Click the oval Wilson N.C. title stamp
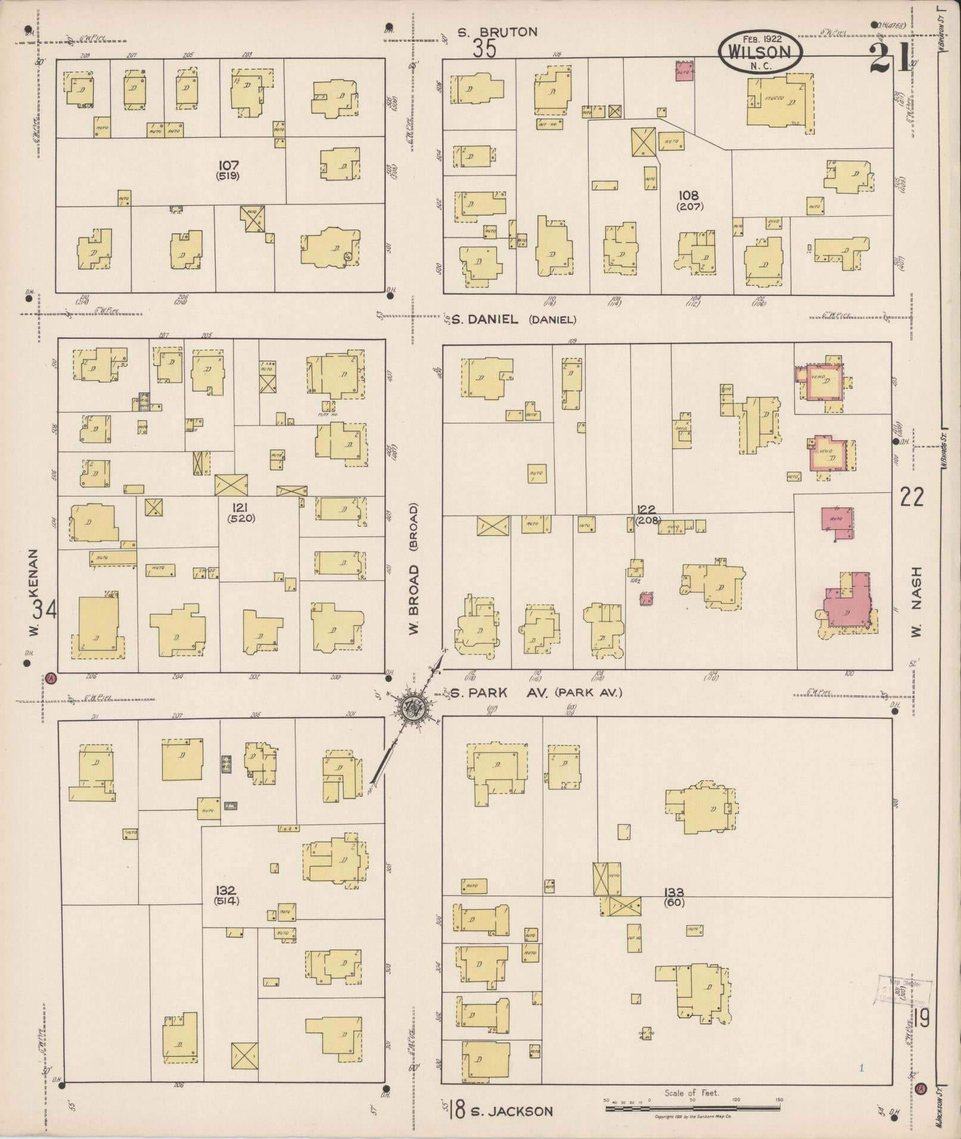[x=760, y=52]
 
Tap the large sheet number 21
[x=890, y=58]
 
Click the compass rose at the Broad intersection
[x=412, y=709]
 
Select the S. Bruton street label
[x=497, y=32]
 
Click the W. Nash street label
[x=916, y=601]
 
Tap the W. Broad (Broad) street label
[x=415, y=569]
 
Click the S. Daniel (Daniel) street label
[x=513, y=320]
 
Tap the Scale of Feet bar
[x=693, y=1108]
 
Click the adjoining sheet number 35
[x=484, y=49]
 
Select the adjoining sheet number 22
[x=912, y=496]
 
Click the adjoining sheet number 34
[x=45, y=609]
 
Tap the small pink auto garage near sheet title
[x=685, y=71]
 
